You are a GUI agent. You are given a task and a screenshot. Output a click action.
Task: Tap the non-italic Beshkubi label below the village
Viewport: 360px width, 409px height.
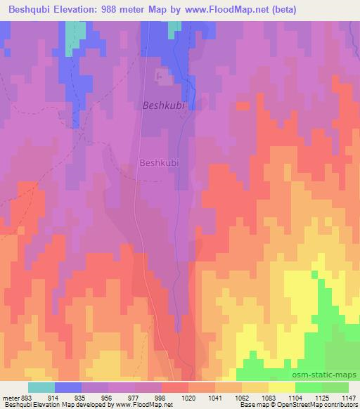click(160, 162)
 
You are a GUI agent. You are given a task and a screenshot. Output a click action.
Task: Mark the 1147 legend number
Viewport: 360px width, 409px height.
click(347, 397)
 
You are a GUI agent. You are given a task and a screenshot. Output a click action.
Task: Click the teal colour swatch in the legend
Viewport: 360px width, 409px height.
click(41, 387)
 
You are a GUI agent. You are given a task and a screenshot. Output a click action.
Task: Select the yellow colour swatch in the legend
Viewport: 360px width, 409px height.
click(282, 387)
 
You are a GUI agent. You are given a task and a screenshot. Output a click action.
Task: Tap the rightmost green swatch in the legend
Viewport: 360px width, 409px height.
click(335, 387)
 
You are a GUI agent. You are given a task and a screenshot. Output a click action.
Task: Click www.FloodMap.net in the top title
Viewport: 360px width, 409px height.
click(231, 10)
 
